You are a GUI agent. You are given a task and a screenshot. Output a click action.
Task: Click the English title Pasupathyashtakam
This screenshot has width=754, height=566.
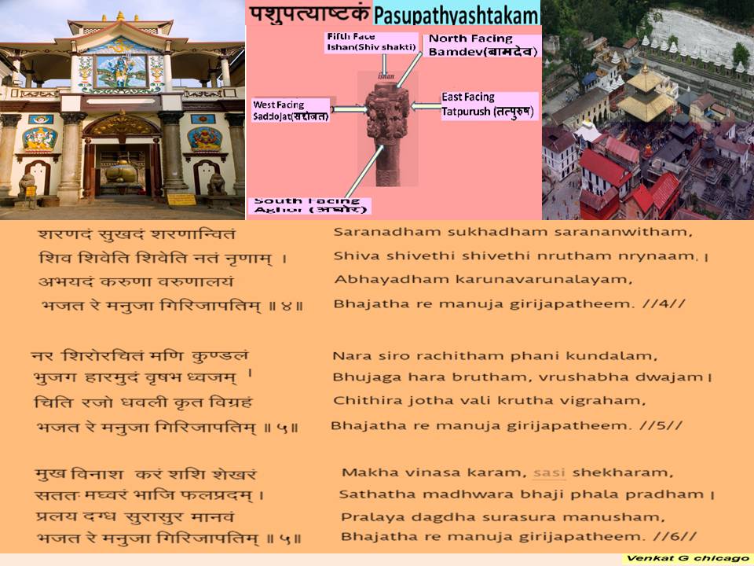point(456,14)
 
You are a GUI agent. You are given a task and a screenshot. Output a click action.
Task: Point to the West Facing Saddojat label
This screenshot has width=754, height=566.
point(291,111)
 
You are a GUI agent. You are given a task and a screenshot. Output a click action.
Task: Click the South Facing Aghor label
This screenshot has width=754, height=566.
point(309,206)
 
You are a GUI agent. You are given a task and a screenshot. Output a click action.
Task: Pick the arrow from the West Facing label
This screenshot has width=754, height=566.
point(350,109)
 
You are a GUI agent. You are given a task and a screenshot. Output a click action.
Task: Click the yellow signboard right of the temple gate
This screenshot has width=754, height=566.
point(181,200)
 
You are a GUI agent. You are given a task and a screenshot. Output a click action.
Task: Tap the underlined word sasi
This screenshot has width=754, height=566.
point(549,472)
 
